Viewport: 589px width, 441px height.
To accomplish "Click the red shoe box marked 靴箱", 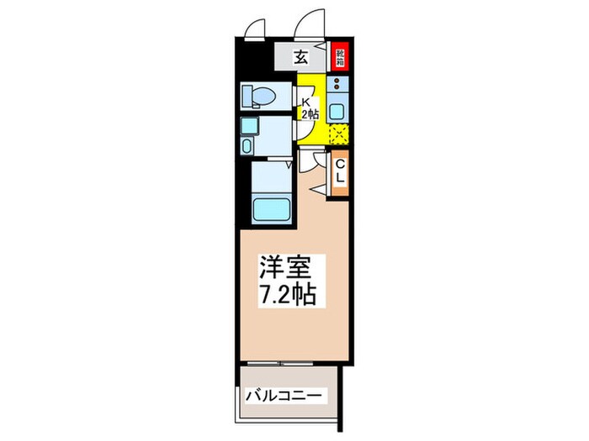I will [340, 57].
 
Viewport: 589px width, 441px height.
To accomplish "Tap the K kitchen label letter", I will [306, 98].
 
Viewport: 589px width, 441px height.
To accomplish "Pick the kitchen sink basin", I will [337, 109].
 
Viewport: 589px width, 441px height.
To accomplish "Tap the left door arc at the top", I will [251, 29].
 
